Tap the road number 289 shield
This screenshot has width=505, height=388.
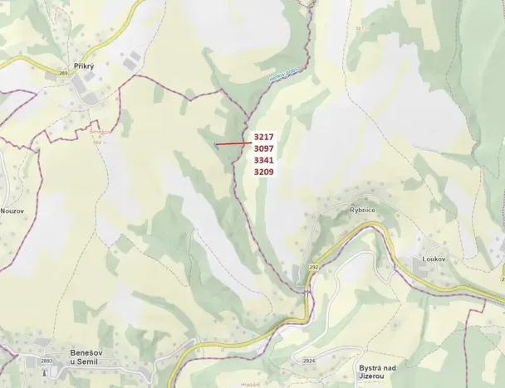[62, 73]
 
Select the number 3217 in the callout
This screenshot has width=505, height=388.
[264, 137]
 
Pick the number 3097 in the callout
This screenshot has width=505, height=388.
[264, 148]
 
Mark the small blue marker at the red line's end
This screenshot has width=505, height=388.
[216, 145]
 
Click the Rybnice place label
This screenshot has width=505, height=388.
[362, 211]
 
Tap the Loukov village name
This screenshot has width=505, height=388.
[434, 259]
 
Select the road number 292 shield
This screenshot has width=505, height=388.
[314, 267]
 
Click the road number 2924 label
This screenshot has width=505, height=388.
[309, 361]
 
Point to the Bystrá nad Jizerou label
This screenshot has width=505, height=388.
[380, 371]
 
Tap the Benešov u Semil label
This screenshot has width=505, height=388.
[85, 356]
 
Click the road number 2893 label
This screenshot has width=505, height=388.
[47, 361]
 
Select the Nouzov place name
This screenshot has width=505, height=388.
[13, 211]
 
